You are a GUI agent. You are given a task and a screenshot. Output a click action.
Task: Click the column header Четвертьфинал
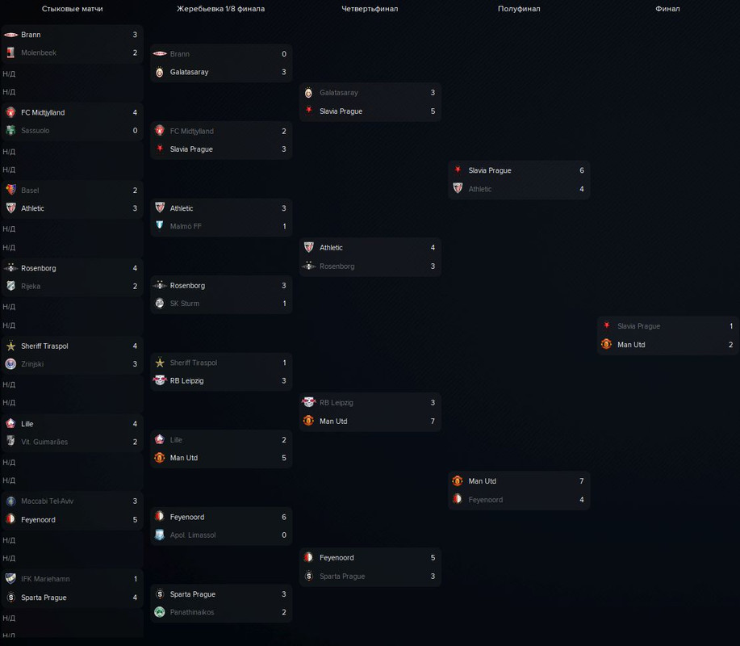coord(370,9)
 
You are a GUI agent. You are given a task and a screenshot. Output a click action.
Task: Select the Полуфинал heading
coord(519,9)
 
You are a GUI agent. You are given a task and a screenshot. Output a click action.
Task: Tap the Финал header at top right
coord(667,9)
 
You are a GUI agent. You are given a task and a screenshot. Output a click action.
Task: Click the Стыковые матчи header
coord(73,9)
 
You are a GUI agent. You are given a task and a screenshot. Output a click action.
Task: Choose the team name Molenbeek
coord(38,52)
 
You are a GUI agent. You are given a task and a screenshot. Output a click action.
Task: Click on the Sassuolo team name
coord(36,131)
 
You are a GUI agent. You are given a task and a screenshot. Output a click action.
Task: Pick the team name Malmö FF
coord(186,226)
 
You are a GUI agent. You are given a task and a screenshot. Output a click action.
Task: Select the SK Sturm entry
coord(185,304)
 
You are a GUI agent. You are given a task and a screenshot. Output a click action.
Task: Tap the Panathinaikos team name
coord(192,612)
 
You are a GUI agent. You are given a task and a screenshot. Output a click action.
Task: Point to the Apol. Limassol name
coord(193,535)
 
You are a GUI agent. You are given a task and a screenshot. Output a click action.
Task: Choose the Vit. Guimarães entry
coord(44,442)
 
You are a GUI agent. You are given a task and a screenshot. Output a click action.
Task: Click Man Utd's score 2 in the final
coord(731,345)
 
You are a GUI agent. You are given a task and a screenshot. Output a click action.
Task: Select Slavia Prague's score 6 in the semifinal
coord(581,170)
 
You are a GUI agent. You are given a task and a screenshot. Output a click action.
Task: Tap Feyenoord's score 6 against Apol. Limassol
coord(284,517)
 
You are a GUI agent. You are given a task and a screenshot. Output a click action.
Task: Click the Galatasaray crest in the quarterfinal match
coord(308,93)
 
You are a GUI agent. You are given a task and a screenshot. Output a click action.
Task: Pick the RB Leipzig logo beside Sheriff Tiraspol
coord(160,380)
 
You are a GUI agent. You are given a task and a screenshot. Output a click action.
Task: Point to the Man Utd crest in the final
coord(606,345)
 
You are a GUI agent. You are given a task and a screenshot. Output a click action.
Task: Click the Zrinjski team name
coord(32,364)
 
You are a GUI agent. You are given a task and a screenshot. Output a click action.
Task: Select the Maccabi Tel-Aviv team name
coord(48,501)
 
